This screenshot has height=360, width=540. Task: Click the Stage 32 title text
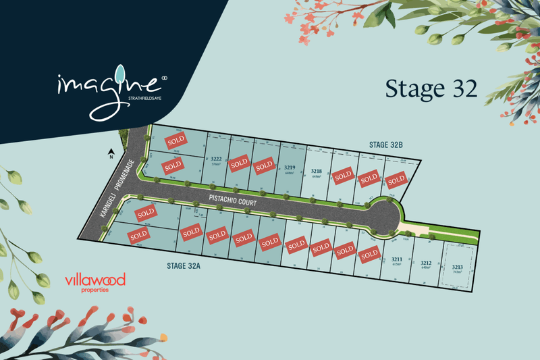click(x=431, y=89)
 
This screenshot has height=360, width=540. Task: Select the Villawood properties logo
click(x=95, y=282)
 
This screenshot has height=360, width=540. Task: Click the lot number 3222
click(x=216, y=159)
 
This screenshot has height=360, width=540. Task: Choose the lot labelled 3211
click(x=397, y=259)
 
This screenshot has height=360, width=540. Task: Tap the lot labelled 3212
click(x=425, y=263)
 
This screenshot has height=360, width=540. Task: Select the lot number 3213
click(x=457, y=267)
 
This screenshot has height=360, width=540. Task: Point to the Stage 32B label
click(x=386, y=145)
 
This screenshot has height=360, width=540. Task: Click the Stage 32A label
click(x=185, y=265)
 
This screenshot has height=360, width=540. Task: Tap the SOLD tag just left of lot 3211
click(x=369, y=255)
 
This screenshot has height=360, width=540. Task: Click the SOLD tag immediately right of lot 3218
click(x=342, y=175)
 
